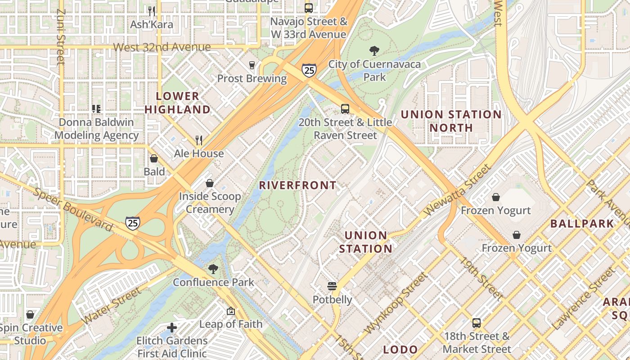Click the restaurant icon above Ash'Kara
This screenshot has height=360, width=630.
tap(152, 10)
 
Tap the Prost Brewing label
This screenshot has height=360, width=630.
tap(252, 79)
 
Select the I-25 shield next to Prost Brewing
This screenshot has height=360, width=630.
tap(309, 70)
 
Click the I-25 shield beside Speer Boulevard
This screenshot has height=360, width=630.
tap(132, 223)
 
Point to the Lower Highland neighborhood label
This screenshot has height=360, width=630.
tap(178, 103)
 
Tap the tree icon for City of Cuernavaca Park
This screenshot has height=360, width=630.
tap(373, 50)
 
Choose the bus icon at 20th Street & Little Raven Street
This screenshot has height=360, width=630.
tap(345, 108)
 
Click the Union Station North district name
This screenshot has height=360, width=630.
tap(451, 121)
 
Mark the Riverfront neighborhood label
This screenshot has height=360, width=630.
tap(297, 185)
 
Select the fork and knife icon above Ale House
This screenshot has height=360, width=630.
tap(199, 140)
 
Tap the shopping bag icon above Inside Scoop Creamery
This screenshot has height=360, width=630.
tap(209, 183)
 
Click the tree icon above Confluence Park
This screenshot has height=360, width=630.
tap(213, 269)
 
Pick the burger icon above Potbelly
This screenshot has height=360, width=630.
tap(332, 286)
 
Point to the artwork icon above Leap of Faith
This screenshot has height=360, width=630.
tap(230, 310)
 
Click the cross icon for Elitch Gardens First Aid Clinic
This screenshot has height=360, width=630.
tap(171, 328)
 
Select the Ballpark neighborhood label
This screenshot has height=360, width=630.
tap(582, 223)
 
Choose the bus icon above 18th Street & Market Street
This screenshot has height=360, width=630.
tap(477, 323)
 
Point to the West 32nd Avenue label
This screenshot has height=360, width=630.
tap(162, 47)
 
